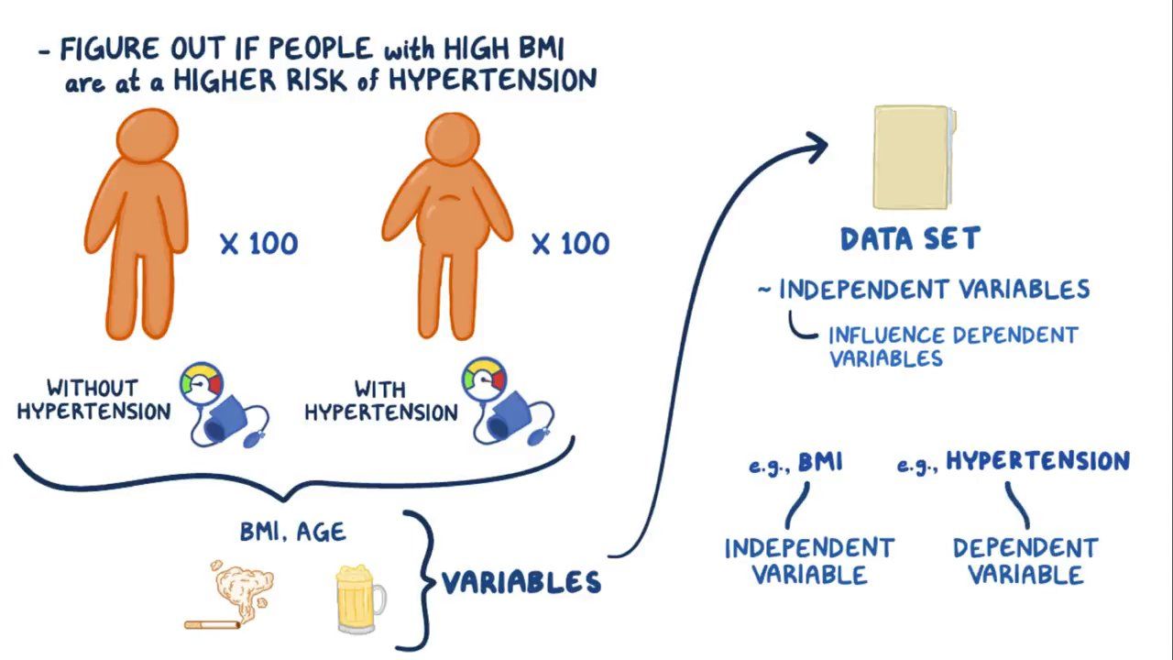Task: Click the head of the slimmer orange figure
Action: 147,137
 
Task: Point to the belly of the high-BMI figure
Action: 449,215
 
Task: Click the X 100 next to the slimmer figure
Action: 259,244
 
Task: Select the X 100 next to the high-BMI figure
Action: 570,244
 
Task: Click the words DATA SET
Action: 910,239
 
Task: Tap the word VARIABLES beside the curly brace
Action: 521,582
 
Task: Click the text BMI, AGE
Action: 293,532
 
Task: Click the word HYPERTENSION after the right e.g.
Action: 1037,461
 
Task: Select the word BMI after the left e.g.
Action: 819,462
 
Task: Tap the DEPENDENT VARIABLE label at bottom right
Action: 1025,561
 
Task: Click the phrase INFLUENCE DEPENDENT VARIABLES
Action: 953,346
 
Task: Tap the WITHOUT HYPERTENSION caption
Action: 93,400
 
